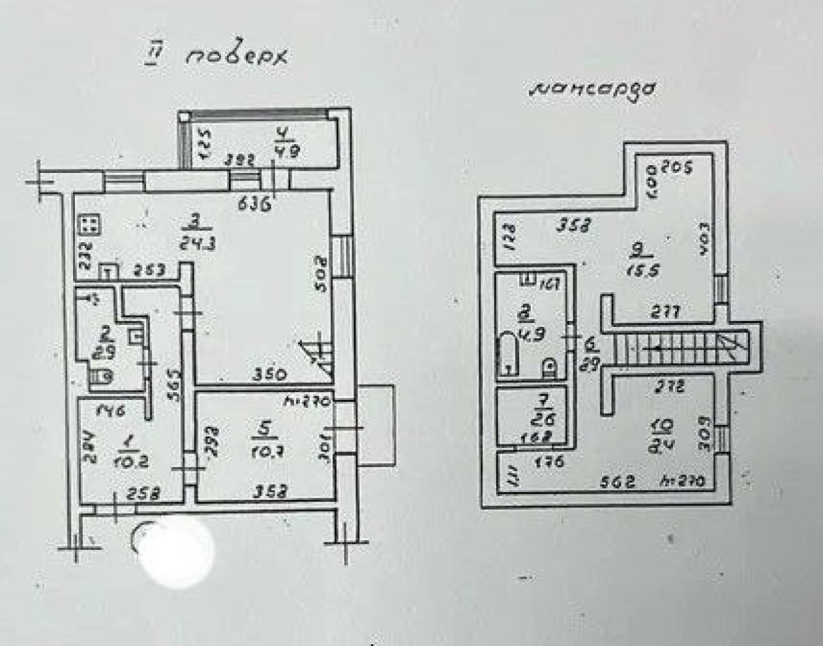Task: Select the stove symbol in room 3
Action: coord(90,225)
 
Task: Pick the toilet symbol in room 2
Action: coord(101,374)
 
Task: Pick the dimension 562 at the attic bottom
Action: coord(617,482)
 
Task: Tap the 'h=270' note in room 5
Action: coord(309,402)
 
